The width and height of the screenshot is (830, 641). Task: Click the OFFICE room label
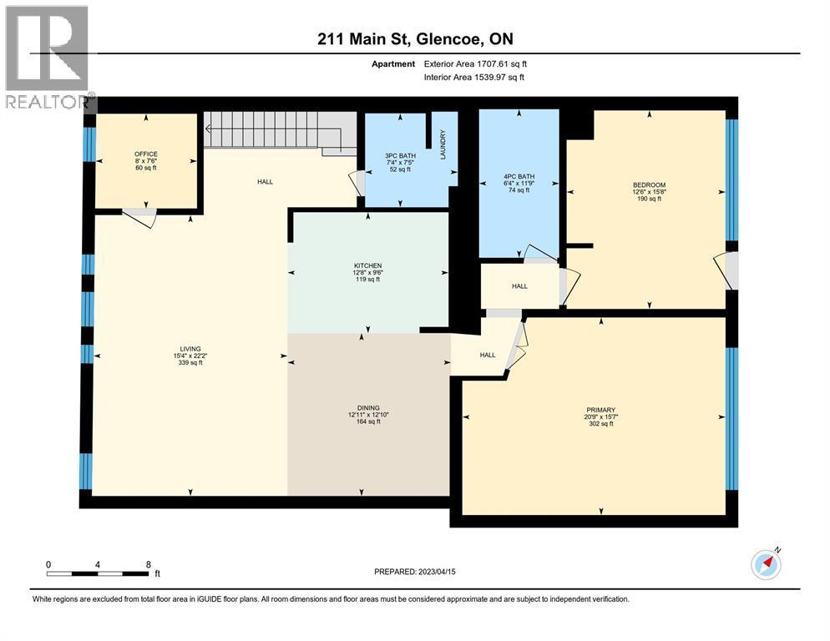pos(146,154)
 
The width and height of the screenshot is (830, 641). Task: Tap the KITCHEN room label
pos(367,266)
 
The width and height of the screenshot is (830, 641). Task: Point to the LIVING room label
pos(190,349)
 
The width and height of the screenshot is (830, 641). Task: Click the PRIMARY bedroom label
pos(600,410)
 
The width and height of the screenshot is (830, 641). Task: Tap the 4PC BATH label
pos(519,177)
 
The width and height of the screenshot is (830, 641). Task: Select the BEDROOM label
pos(648,185)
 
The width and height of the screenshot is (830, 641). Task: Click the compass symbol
pos(766,565)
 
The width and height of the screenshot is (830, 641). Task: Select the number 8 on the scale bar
pos(149,564)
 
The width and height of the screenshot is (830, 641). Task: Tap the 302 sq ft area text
pos(600,424)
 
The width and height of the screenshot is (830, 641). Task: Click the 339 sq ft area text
pos(190,363)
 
